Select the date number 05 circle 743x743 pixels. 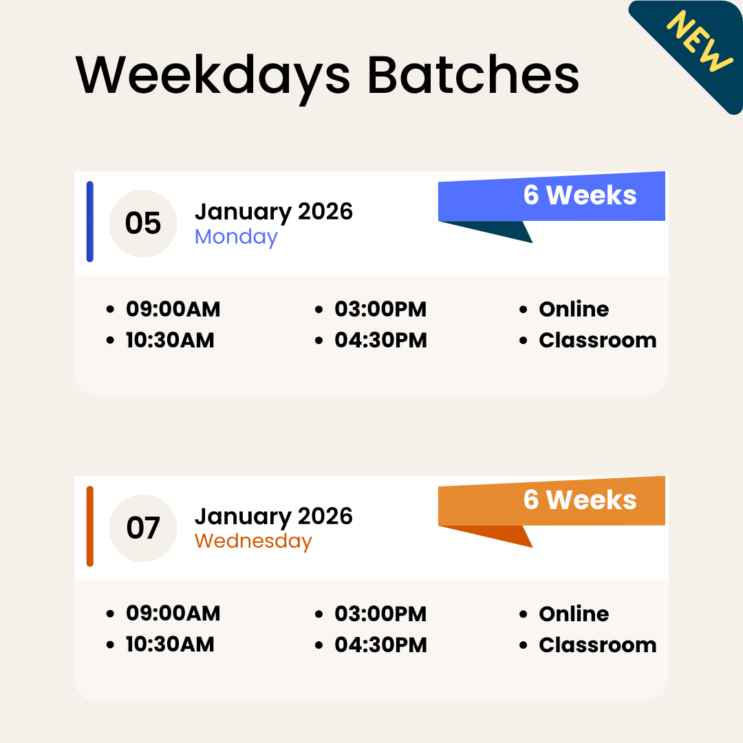(x=143, y=224)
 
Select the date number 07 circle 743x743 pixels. (x=143, y=528)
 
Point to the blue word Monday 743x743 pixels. (x=236, y=237)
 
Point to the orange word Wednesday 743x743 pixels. (x=253, y=541)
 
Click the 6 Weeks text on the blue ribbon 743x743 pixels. (x=580, y=195)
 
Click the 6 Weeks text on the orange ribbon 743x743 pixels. (x=580, y=500)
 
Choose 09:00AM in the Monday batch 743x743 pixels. (x=173, y=310)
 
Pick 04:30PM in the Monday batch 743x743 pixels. (x=380, y=341)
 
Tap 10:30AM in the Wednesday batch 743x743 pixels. (x=170, y=645)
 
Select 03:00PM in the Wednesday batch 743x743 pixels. (x=380, y=614)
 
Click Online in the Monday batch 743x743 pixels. (x=574, y=310)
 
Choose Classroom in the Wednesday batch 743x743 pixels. (x=597, y=645)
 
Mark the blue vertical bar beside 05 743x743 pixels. (x=89, y=222)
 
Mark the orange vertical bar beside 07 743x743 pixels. (x=89, y=526)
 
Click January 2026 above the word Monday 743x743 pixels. (x=274, y=211)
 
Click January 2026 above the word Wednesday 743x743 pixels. (x=274, y=516)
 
